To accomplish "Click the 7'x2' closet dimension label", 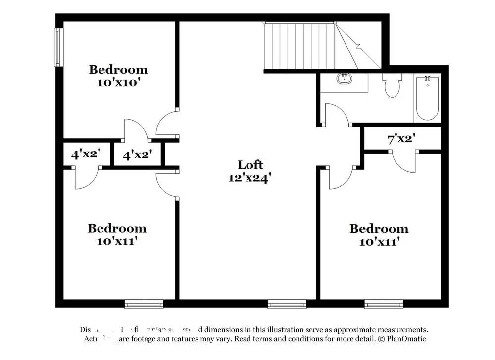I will (401, 139).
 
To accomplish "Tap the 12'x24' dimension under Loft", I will (249, 178).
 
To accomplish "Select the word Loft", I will (250, 165).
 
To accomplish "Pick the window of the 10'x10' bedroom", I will (57, 47).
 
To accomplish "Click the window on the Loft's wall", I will (287, 303).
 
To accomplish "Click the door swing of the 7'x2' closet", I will (404, 161).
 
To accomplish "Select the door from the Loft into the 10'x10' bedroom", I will (166, 124).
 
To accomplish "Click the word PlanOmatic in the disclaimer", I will (406, 339).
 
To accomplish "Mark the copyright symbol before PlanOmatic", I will (381, 339).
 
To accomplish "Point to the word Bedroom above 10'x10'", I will (118, 70).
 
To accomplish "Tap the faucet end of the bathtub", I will (427, 80).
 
